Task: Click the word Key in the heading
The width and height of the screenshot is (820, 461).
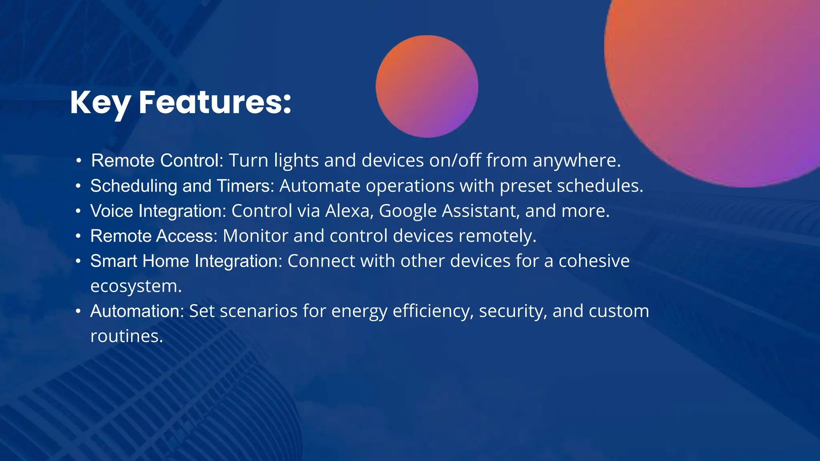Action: (x=100, y=103)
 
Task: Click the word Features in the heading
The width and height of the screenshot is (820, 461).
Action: (x=215, y=102)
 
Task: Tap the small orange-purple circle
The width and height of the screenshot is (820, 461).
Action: (x=427, y=86)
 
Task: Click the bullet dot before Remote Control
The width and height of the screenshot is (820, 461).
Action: (x=79, y=161)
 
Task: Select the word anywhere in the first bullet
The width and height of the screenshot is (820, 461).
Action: (x=576, y=161)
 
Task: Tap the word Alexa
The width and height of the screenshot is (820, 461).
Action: (x=349, y=211)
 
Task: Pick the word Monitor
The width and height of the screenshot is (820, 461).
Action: (x=255, y=236)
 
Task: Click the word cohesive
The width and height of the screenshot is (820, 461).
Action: (x=594, y=261)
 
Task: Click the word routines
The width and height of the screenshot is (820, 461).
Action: (x=127, y=336)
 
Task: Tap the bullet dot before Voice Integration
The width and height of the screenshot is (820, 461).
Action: (x=78, y=211)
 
